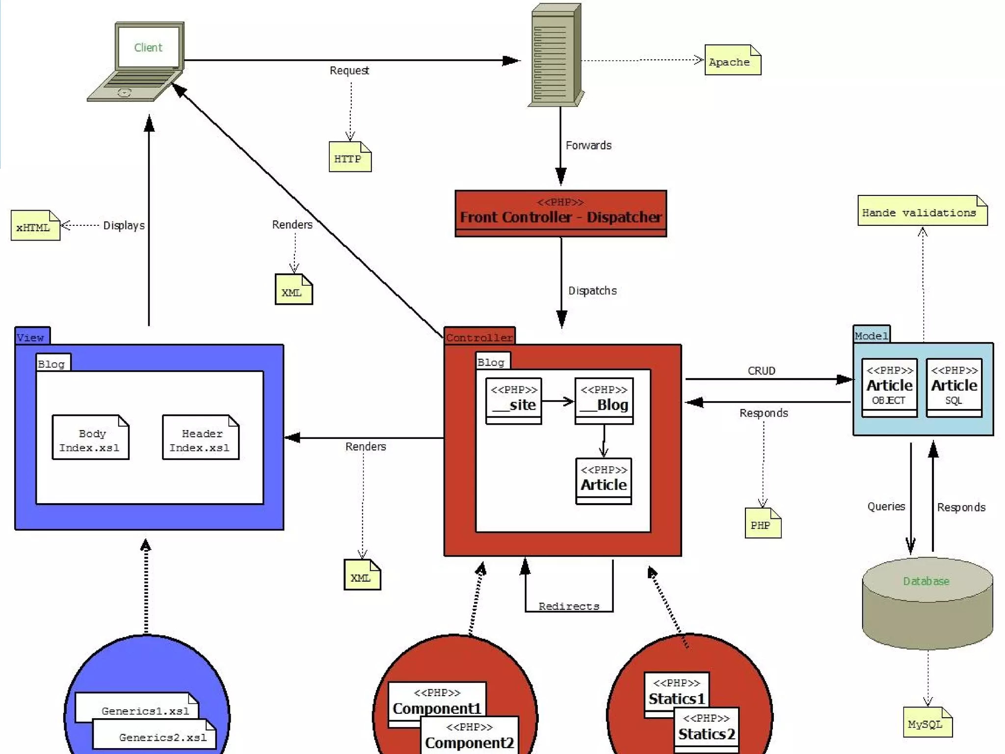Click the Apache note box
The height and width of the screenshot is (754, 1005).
coord(732,60)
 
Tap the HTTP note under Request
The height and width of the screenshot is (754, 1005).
coord(349,158)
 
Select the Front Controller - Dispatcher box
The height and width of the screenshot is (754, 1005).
coord(560,214)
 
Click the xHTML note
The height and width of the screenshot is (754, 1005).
coord(35,226)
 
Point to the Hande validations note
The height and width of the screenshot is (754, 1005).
coord(922,212)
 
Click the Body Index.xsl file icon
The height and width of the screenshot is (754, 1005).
coord(90,438)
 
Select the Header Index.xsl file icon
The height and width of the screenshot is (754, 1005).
coord(200,438)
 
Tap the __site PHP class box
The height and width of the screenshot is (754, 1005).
coord(513,401)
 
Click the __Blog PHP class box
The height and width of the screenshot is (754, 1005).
coord(604,401)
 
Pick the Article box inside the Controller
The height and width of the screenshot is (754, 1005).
coord(603,481)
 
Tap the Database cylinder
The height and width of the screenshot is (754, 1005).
coord(926,604)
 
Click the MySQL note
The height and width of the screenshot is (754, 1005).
coord(926,723)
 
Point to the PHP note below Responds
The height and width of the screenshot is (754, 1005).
coord(762,524)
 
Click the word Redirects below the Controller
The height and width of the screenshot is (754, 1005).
coord(568,606)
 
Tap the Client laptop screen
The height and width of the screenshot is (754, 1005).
coord(148,47)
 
